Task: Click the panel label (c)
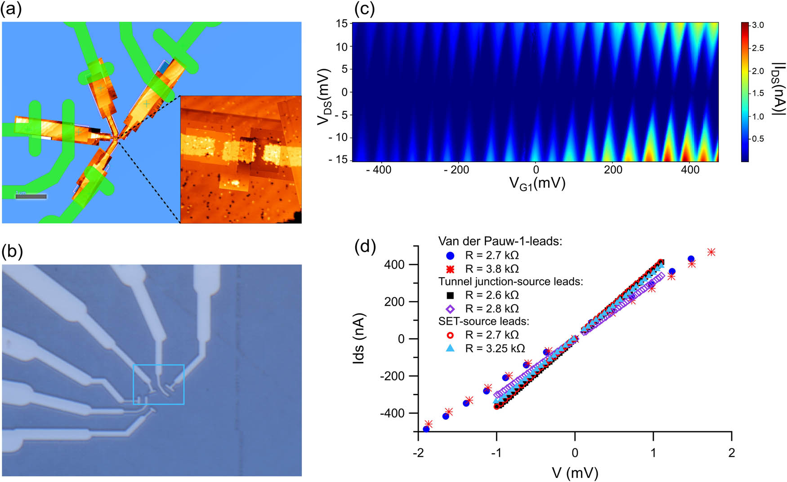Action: click(365, 9)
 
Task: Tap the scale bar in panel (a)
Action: click(31, 196)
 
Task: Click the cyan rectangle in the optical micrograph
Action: click(159, 384)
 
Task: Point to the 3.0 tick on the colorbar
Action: click(758, 25)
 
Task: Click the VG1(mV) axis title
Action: click(537, 183)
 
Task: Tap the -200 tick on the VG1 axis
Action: click(456, 170)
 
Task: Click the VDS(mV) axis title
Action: click(324, 97)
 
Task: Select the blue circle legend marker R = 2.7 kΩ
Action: click(450, 256)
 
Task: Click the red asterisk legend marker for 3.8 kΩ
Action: click(450, 269)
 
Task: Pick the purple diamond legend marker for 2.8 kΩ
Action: click(450, 309)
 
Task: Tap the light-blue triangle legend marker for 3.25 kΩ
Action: click(450, 348)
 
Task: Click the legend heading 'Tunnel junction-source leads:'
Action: click(510, 282)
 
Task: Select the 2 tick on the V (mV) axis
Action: click(731, 453)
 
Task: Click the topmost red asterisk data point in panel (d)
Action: click(711, 252)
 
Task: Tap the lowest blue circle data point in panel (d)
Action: click(426, 429)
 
